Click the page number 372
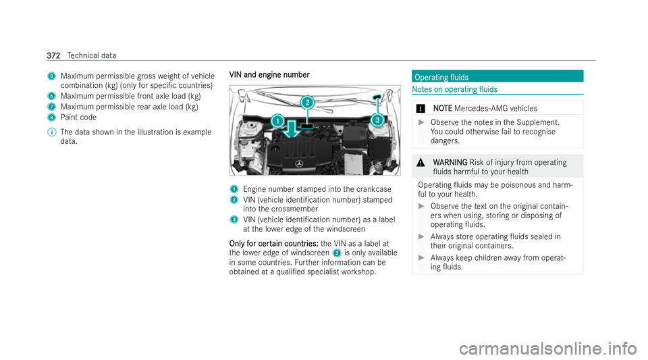[x=53, y=55]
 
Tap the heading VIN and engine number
[x=269, y=75]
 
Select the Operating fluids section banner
[x=497, y=76]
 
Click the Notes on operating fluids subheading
[x=454, y=89]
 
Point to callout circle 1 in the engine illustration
[x=277, y=121]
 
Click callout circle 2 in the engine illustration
[x=307, y=102]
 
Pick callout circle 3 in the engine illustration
[x=377, y=120]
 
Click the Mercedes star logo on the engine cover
[x=299, y=163]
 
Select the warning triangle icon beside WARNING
[x=421, y=162]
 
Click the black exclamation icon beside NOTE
[x=421, y=109]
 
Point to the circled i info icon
[x=52, y=132]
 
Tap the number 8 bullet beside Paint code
[x=51, y=118]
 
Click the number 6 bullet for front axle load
[x=51, y=96]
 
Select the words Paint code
[x=78, y=118]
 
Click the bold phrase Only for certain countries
[x=273, y=243]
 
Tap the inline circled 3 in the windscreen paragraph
[x=337, y=253]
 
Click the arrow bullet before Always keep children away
[x=421, y=258]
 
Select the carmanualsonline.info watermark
[x=548, y=348]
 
